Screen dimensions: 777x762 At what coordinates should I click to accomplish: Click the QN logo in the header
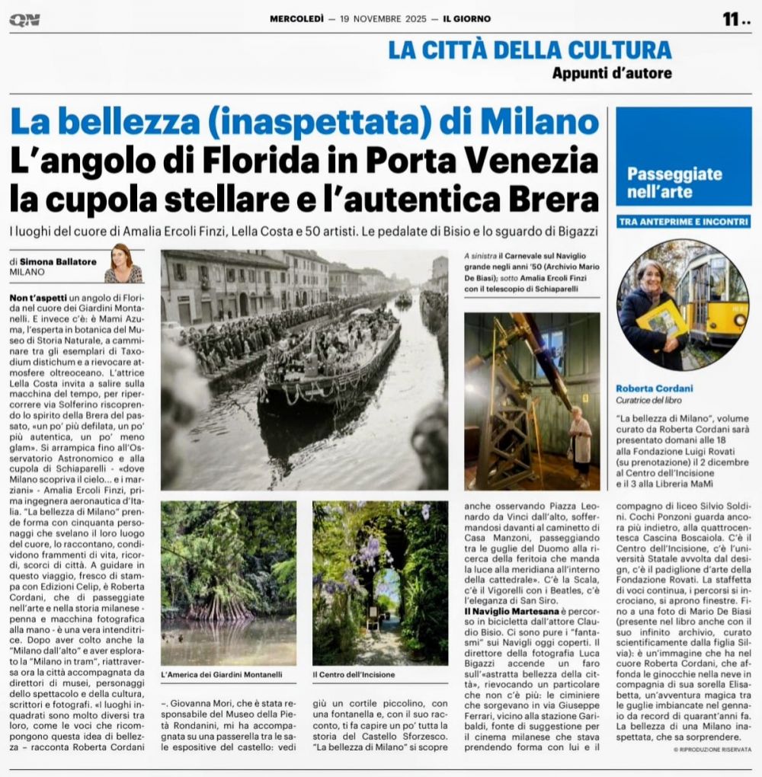click(x=25, y=20)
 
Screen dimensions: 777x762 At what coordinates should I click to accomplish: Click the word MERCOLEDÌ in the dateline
click(x=297, y=19)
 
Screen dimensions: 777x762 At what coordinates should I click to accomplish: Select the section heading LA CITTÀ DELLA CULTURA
click(x=530, y=50)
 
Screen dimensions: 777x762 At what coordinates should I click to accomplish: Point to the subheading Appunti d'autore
click(x=613, y=73)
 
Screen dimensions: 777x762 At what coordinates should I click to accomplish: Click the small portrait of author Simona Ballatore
click(x=123, y=264)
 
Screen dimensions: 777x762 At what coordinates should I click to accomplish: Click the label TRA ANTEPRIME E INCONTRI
click(x=684, y=222)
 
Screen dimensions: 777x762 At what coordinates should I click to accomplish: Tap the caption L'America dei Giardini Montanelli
click(x=222, y=674)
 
